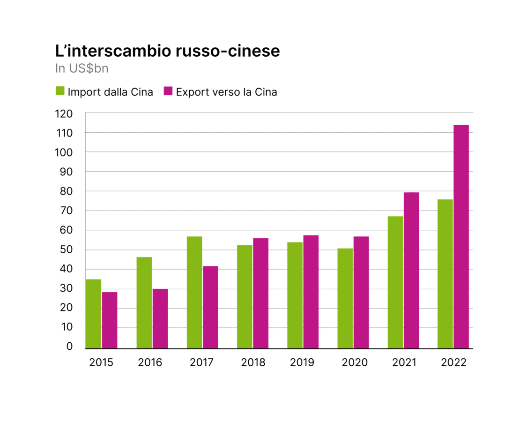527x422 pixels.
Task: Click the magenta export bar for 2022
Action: (461, 237)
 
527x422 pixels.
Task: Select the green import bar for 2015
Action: (94, 314)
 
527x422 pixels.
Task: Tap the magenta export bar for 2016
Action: (160, 319)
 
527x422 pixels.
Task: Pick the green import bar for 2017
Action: (194, 293)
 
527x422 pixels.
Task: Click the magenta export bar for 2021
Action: (411, 271)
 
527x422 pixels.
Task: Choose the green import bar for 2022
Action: (445, 274)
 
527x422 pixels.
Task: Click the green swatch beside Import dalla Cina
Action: (60, 91)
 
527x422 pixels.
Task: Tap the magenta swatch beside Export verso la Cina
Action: (168, 91)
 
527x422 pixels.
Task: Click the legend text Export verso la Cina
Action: (227, 92)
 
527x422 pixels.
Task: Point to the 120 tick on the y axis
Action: (64, 113)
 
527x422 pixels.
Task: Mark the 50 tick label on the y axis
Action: (67, 249)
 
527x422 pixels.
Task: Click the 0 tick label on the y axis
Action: (70, 347)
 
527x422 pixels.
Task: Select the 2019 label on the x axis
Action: (302, 362)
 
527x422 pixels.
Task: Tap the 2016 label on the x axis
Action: (150, 362)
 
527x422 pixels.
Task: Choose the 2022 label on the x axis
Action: (454, 362)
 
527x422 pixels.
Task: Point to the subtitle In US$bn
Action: (82, 68)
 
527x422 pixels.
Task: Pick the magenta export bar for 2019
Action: (311, 292)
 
